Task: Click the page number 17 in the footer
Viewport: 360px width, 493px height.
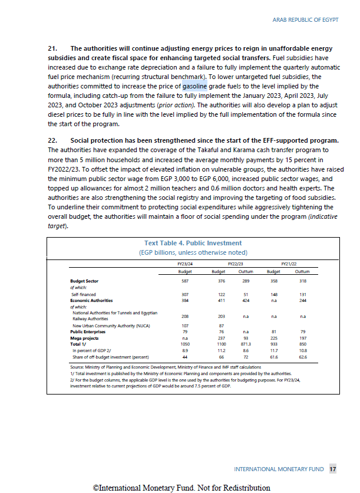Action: coord(333,469)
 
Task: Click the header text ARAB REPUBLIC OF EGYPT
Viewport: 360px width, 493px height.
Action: coord(305,20)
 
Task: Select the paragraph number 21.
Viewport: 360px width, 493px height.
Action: coord(52,48)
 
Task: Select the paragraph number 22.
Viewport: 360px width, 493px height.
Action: coord(52,140)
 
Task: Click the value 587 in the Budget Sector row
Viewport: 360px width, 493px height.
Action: coord(185,282)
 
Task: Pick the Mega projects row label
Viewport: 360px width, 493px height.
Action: coord(85,338)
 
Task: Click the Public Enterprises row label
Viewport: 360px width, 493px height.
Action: coord(88,332)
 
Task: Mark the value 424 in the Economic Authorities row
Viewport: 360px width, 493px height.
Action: coord(246,300)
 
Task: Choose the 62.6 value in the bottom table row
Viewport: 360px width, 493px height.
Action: coord(302,357)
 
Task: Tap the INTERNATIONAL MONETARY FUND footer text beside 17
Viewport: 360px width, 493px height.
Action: coord(279,469)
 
